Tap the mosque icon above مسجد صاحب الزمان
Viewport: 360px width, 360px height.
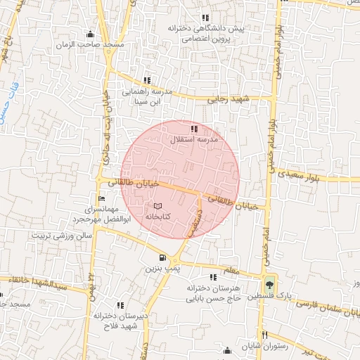89,34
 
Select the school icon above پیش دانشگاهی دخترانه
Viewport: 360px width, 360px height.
205,18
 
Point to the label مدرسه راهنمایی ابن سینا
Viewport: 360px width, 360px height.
147,96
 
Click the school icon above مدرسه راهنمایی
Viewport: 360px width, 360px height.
147,80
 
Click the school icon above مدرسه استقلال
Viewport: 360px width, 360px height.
194,128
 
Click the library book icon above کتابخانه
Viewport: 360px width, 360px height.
157,205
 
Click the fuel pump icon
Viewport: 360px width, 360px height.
163,258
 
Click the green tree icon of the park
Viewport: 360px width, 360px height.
268,285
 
